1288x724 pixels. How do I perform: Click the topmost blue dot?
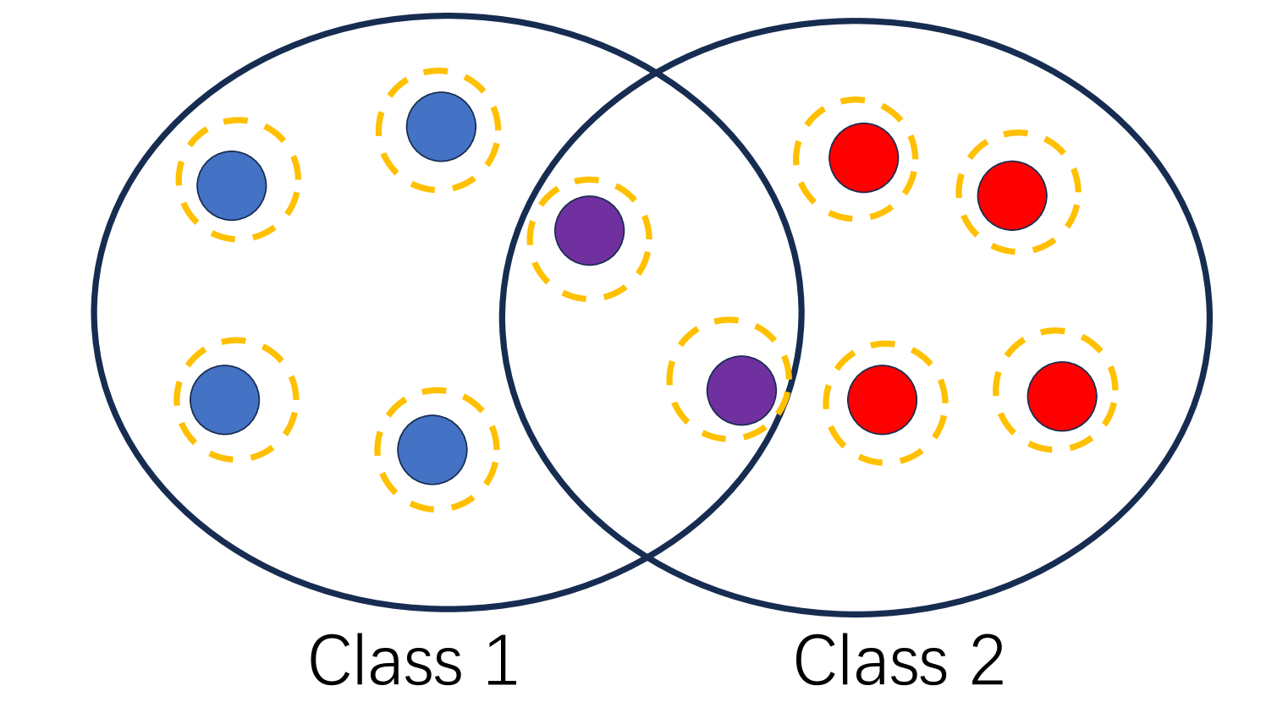[x=441, y=127]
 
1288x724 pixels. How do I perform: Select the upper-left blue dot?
[x=232, y=185]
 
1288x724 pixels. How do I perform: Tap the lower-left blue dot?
[x=224, y=400]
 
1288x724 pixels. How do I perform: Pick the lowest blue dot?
[x=432, y=450]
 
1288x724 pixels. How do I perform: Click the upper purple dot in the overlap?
[x=590, y=230]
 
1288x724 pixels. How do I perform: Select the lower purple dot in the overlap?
[x=741, y=390]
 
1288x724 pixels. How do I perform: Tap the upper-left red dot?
[x=863, y=157]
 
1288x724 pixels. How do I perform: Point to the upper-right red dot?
[x=1012, y=195]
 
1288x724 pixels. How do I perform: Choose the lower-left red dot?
[x=882, y=400]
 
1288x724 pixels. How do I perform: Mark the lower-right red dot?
[x=1062, y=396]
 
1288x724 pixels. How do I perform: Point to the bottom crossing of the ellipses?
[x=647, y=557]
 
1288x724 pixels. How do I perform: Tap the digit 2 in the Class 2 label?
[x=988, y=661]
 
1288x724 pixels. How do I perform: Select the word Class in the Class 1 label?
[x=385, y=661]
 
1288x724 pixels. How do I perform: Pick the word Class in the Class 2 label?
[x=870, y=661]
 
